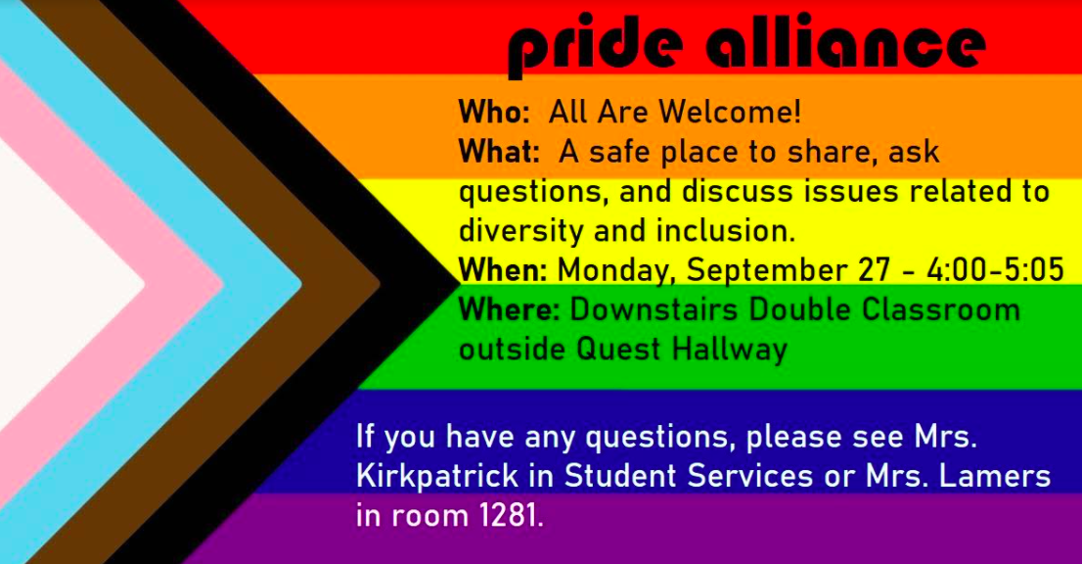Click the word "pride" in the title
(596, 46)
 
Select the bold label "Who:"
(494, 112)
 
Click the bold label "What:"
(499, 151)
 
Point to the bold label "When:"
(503, 270)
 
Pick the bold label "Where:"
(510, 309)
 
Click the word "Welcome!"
(730, 112)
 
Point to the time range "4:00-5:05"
(995, 270)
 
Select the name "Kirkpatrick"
(436, 476)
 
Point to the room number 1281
(510, 516)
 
